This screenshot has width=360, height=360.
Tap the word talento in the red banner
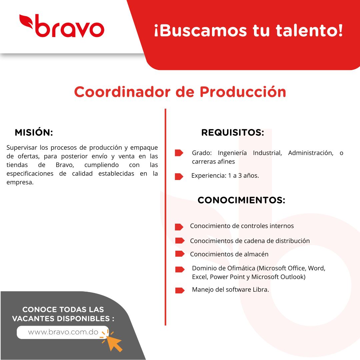(309, 30)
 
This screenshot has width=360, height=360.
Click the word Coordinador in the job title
(122, 92)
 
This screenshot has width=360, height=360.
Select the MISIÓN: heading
(34, 132)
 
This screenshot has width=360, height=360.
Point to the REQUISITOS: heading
(233, 132)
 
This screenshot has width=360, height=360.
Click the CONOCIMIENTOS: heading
(241, 200)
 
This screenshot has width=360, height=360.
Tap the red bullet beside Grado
(179, 153)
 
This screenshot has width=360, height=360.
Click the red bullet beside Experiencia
(179, 176)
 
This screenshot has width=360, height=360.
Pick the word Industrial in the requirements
(267, 153)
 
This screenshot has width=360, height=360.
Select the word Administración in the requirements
(311, 153)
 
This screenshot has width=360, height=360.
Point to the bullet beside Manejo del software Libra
(180, 290)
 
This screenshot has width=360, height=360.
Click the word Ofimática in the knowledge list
(241, 268)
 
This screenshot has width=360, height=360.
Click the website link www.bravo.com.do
(63, 332)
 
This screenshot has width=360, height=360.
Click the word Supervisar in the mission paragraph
(22, 148)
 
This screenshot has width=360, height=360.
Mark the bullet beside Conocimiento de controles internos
(179, 227)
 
